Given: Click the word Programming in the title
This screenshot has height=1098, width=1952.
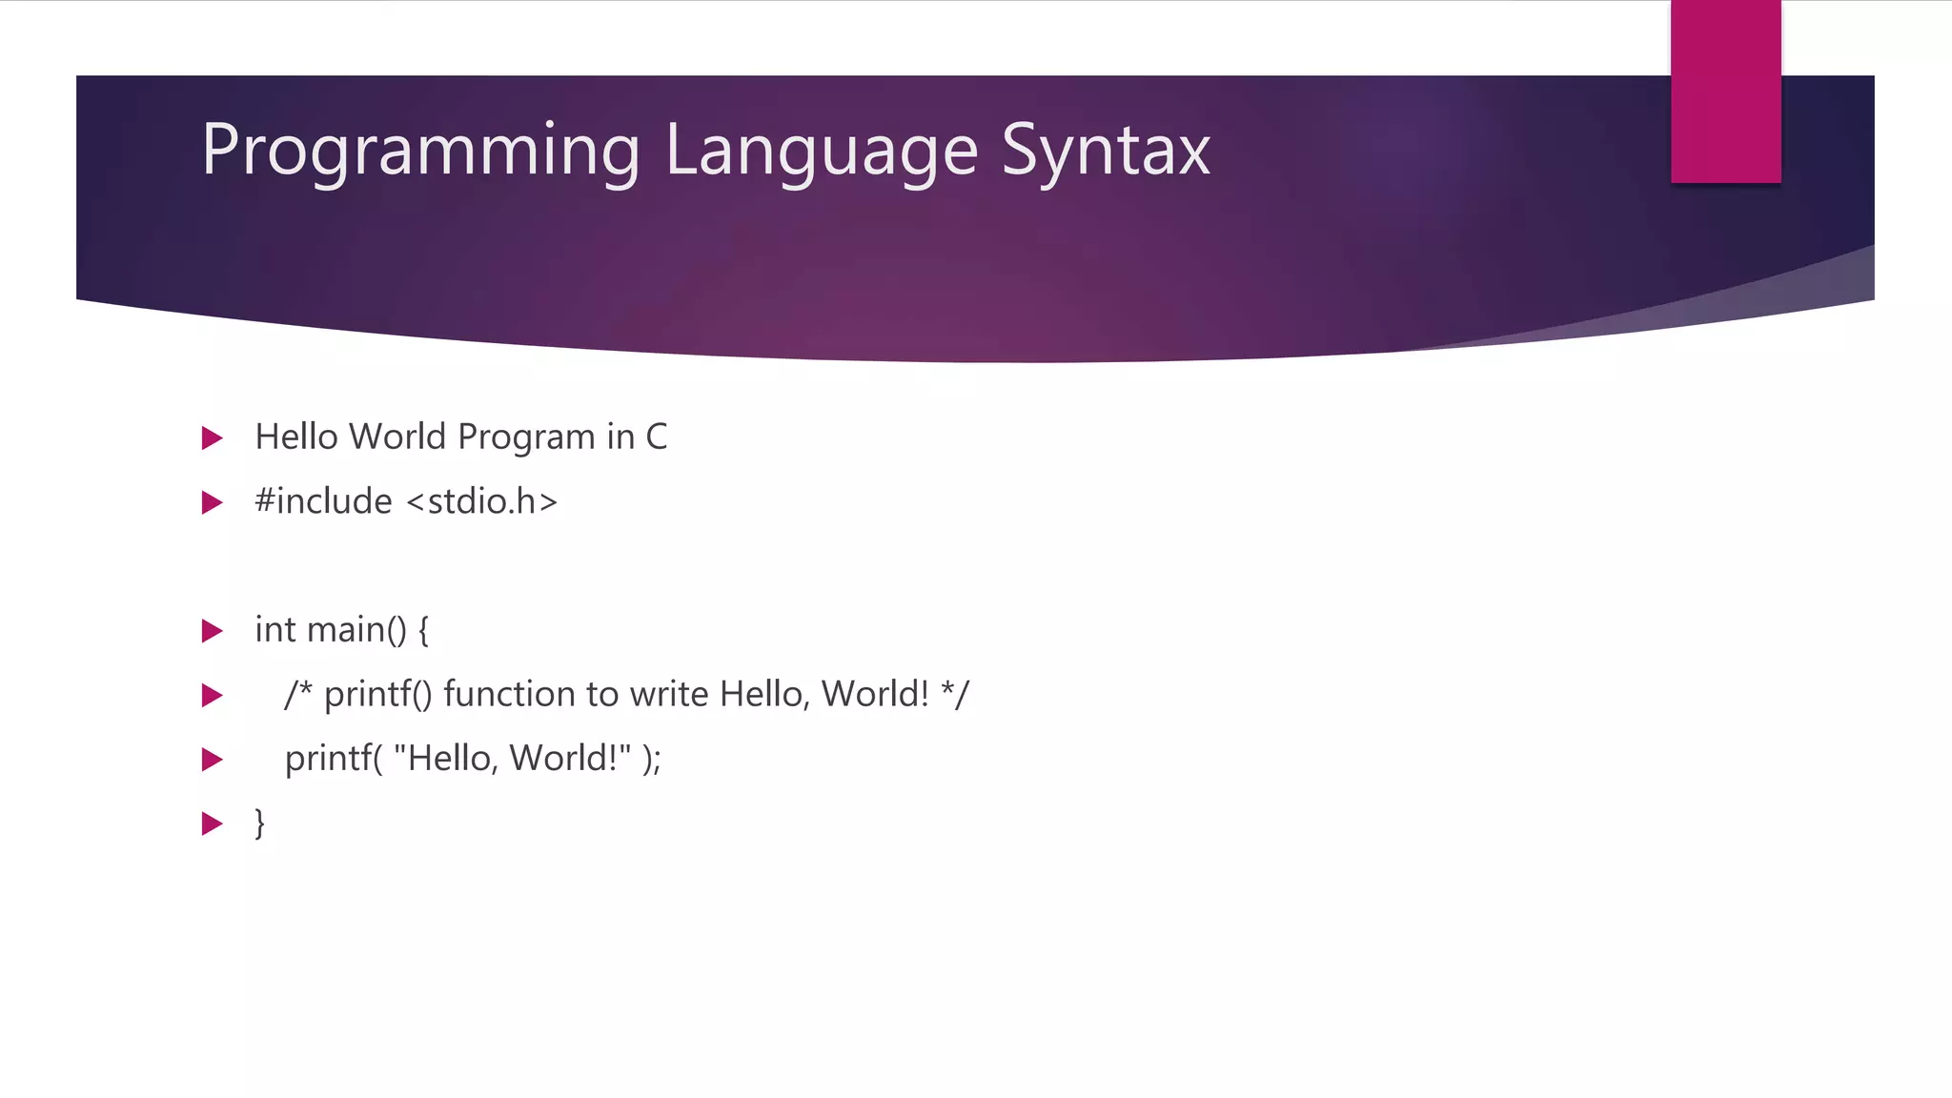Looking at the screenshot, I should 420,151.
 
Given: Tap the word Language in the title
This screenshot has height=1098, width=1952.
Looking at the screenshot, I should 822,151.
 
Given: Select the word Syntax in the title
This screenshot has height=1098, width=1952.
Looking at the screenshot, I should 1106,151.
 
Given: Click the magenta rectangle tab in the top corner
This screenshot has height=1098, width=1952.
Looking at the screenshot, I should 1725,91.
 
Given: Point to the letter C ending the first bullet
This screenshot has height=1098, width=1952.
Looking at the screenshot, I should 656,437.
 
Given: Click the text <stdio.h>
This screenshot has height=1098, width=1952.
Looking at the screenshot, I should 481,501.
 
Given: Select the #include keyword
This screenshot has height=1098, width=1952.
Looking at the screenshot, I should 323,501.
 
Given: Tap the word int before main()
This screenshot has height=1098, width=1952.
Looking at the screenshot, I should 274,630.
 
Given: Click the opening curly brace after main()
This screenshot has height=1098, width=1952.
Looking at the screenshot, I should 423,630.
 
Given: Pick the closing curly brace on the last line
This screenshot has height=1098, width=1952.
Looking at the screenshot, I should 259,823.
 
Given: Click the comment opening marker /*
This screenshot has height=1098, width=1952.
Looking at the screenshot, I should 297,694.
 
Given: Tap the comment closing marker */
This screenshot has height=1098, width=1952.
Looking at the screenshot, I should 954,694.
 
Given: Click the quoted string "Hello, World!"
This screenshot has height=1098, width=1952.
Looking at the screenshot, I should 512,759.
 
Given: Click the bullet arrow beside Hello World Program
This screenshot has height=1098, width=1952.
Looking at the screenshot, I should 213,438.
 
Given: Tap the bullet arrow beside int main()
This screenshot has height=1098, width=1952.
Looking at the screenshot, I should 213,631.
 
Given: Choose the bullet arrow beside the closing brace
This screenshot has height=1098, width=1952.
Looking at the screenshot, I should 213,823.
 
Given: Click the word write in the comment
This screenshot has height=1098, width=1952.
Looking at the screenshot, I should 666,694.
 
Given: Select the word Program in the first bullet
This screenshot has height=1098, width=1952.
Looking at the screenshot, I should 526,437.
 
